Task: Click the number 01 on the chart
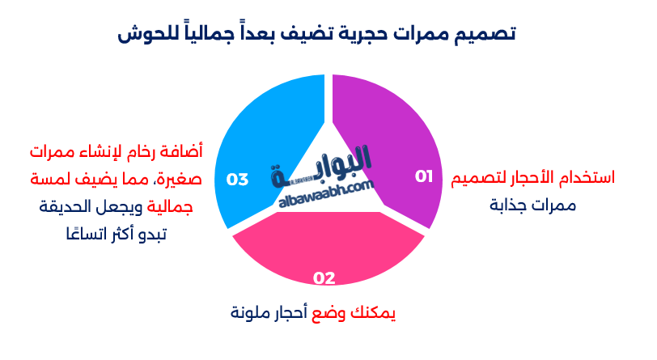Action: [x=424, y=176]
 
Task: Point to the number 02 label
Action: [x=324, y=278]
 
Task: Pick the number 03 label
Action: [x=237, y=179]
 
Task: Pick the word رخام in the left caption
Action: [x=146, y=151]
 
